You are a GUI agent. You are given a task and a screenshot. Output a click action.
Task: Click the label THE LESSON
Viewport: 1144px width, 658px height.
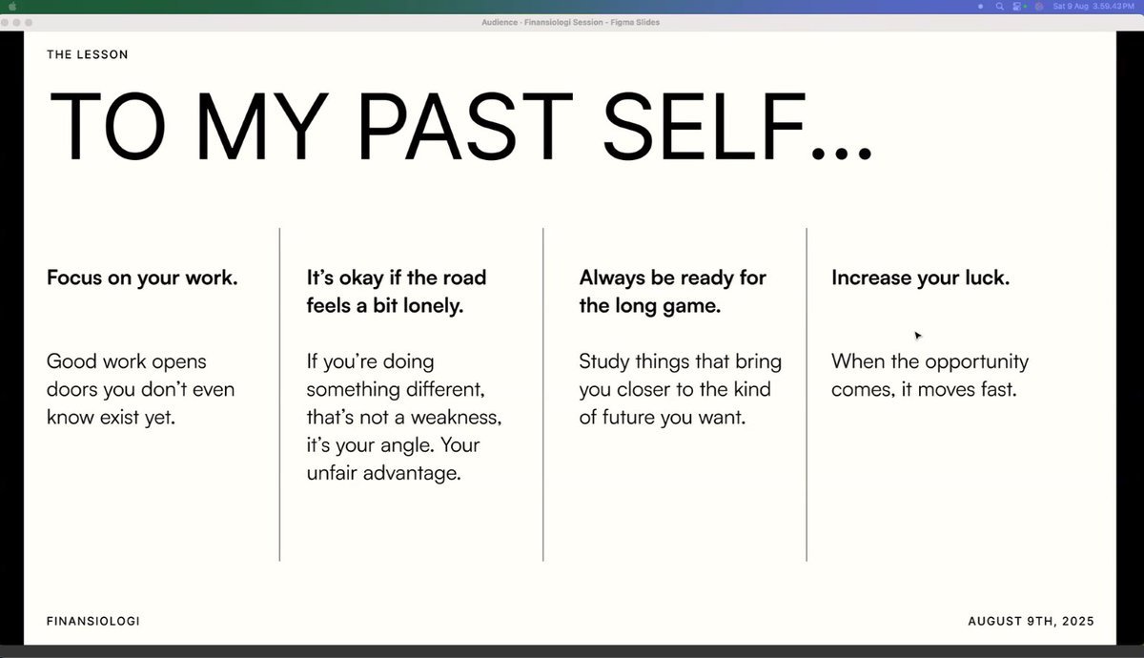coord(88,54)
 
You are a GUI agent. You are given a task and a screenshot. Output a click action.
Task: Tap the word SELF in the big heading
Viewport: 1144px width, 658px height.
coord(704,126)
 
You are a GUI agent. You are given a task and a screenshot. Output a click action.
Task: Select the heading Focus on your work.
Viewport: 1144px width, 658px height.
coord(142,278)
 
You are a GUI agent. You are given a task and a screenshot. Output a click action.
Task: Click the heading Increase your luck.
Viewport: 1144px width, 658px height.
coord(920,278)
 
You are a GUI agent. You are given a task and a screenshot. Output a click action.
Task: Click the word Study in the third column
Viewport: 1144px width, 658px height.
coord(604,362)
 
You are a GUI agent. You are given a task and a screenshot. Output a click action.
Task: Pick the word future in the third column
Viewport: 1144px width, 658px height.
coord(628,418)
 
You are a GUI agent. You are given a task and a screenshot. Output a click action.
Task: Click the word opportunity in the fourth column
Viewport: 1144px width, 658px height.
coord(976,362)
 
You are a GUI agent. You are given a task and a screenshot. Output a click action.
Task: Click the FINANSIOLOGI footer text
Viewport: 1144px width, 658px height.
coord(93,621)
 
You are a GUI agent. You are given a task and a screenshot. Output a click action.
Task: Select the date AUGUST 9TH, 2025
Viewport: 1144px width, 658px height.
coord(1032,621)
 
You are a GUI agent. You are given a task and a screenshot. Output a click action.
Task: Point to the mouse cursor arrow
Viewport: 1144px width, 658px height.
coord(918,336)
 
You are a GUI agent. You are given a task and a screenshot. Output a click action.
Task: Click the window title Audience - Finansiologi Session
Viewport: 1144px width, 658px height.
coord(541,23)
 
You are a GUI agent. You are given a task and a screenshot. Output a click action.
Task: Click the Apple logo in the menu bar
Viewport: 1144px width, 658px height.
coord(12,6)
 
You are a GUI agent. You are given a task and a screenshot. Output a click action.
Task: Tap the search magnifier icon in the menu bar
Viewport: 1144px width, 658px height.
coord(999,7)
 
